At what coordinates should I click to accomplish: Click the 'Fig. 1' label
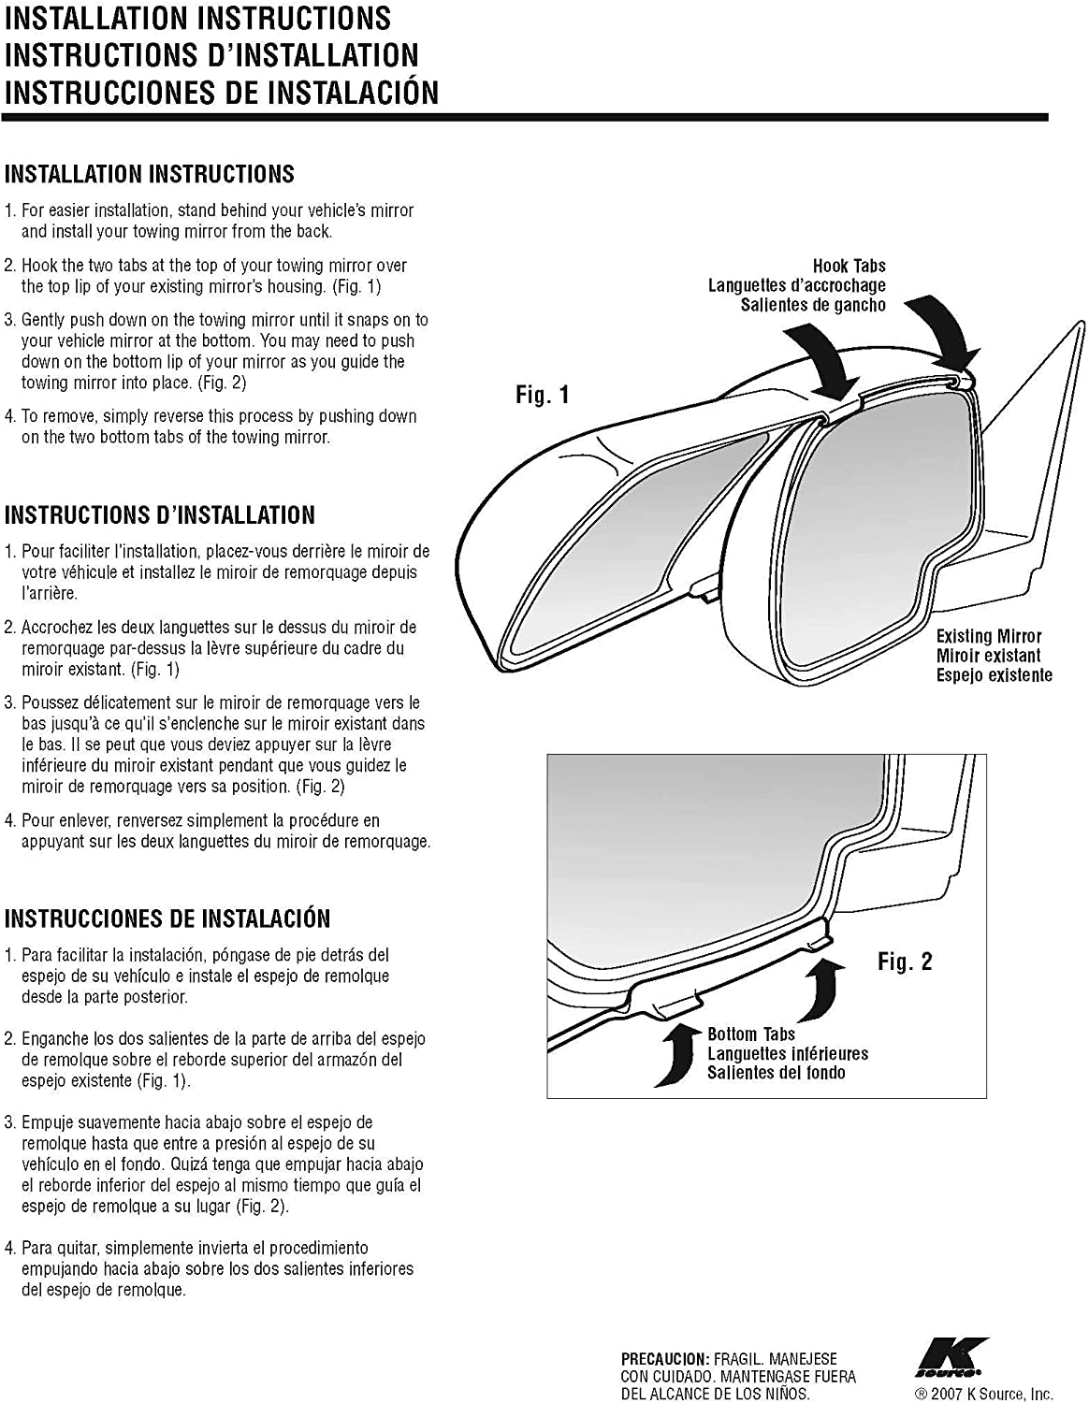point(543,395)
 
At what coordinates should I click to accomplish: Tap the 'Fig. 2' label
point(905,962)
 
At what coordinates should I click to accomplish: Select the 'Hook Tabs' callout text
point(849,266)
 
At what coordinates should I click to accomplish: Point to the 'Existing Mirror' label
point(989,636)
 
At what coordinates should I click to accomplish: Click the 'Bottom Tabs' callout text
point(751,1034)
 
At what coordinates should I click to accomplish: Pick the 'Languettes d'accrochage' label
point(796,285)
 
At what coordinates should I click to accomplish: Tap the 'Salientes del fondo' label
point(776,1073)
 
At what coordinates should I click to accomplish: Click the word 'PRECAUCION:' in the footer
point(664,1358)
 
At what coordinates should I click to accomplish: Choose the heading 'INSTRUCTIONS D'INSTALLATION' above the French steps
point(159,515)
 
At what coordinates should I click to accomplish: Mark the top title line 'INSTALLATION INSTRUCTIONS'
point(197,18)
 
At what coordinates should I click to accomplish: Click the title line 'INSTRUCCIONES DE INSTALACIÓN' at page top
point(221,92)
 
